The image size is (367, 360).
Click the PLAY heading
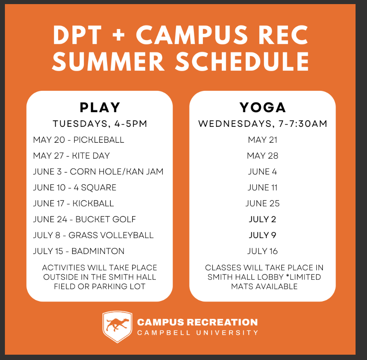pos(100,108)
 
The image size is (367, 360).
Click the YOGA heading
pos(263,108)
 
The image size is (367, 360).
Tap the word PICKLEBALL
pos(99,140)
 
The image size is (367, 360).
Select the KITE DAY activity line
pos(71,156)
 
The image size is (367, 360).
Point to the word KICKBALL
pos(93,204)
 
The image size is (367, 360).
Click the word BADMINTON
pos(98,251)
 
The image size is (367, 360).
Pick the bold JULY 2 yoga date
pos(263,219)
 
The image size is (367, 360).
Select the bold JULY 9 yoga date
pos(263,235)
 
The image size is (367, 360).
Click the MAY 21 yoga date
pos(263,140)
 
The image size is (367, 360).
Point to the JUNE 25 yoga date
pos(263,204)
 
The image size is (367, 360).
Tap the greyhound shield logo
pos(117,327)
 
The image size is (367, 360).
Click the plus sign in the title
pos(119,35)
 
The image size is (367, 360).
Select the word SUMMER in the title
pos(108,61)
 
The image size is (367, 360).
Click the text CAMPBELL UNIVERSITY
pos(198,333)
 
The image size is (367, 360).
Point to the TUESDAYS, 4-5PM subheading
pos(100,124)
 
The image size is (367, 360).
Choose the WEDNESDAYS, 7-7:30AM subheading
pos(263,124)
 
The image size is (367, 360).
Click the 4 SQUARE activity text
pos(95,188)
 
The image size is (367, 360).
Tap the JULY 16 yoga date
pos(263,251)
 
